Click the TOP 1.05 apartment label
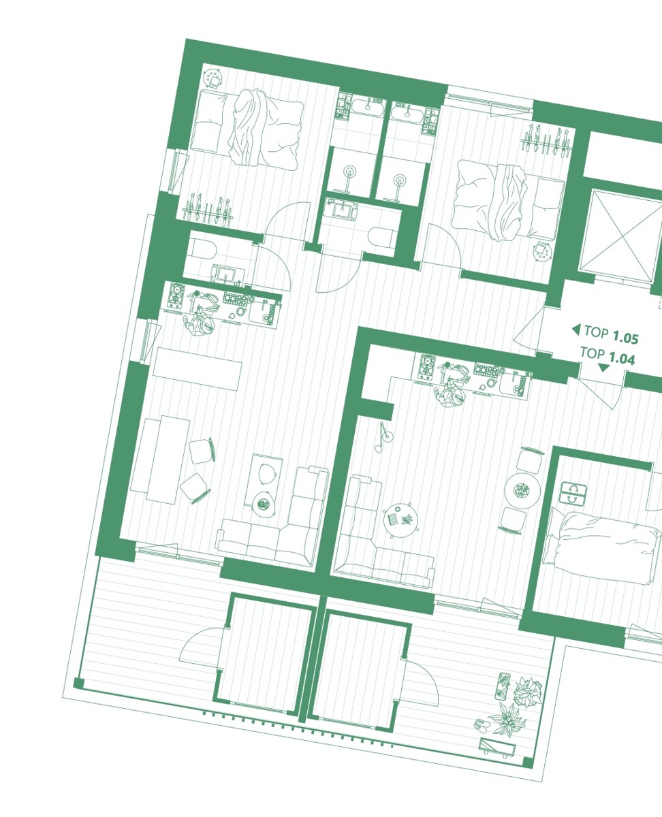[x=612, y=334]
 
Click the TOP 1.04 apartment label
[x=608, y=355]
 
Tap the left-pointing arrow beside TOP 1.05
[x=576, y=330]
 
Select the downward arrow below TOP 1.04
[x=603, y=368]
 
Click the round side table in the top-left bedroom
[x=212, y=78]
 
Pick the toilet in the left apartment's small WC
[x=204, y=249]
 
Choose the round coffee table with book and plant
[x=400, y=519]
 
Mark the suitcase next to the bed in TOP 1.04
[x=573, y=493]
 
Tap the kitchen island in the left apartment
[x=198, y=368]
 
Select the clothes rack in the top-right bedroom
[x=546, y=141]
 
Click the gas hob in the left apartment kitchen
[x=176, y=295]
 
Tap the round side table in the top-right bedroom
[x=541, y=251]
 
